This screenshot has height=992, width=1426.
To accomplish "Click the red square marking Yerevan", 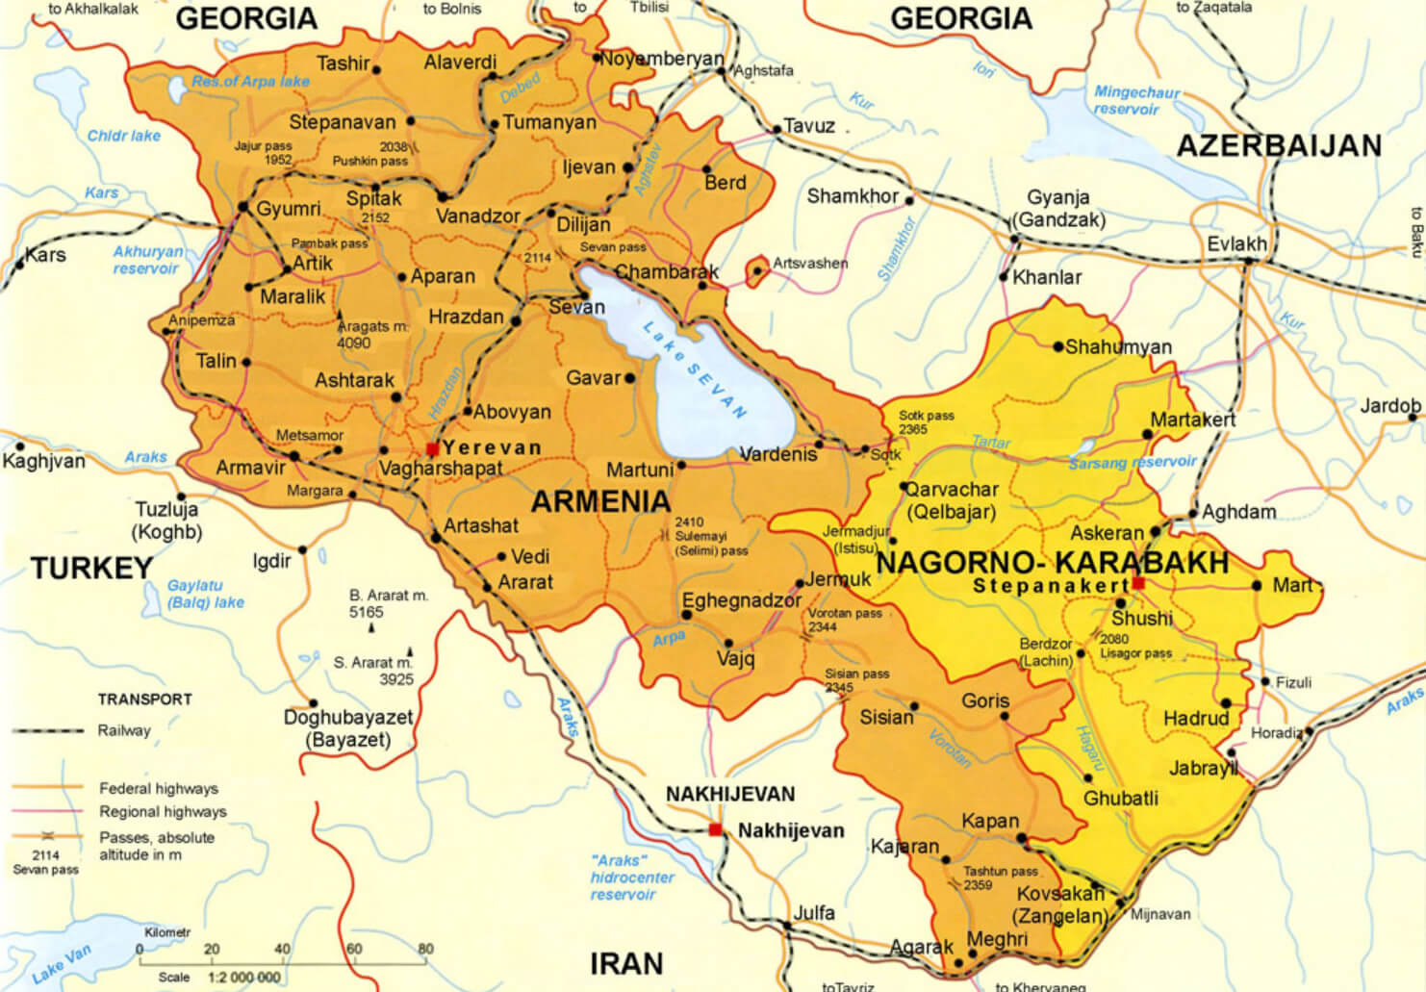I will pyautogui.click(x=433, y=449).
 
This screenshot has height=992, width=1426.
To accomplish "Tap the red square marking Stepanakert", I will pyautogui.click(x=1138, y=583).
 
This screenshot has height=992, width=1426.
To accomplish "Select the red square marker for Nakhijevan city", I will pyautogui.click(x=715, y=829).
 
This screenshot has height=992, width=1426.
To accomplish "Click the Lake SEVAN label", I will pyautogui.click(x=695, y=370).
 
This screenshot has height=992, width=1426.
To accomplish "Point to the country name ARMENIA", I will pyautogui.click(x=600, y=501).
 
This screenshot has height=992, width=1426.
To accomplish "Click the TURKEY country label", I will pyautogui.click(x=91, y=568).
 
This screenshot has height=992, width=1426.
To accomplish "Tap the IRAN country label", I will pyautogui.click(x=626, y=963).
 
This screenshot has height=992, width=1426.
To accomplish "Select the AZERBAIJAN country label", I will pyautogui.click(x=1279, y=146).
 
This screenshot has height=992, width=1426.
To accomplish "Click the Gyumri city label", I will pyautogui.click(x=289, y=209).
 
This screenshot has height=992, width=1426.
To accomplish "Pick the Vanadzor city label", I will pyautogui.click(x=477, y=216).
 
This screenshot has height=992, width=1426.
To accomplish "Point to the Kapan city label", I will pyautogui.click(x=989, y=821).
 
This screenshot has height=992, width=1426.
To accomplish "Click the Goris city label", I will pyautogui.click(x=985, y=700).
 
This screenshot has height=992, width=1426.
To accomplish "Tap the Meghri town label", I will pyautogui.click(x=997, y=938).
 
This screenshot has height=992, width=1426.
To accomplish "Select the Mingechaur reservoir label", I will pyautogui.click(x=1136, y=100).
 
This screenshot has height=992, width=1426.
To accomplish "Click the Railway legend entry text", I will pyautogui.click(x=124, y=730).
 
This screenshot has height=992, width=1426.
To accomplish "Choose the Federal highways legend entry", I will pyautogui.click(x=159, y=788).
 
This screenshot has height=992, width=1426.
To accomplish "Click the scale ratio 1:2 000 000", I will pyautogui.click(x=244, y=977).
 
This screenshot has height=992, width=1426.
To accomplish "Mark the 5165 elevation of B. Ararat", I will pyautogui.click(x=366, y=612).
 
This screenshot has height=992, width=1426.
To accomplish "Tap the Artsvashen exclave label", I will pyautogui.click(x=810, y=263).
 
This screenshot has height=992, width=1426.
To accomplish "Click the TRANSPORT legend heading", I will pyautogui.click(x=144, y=699).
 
